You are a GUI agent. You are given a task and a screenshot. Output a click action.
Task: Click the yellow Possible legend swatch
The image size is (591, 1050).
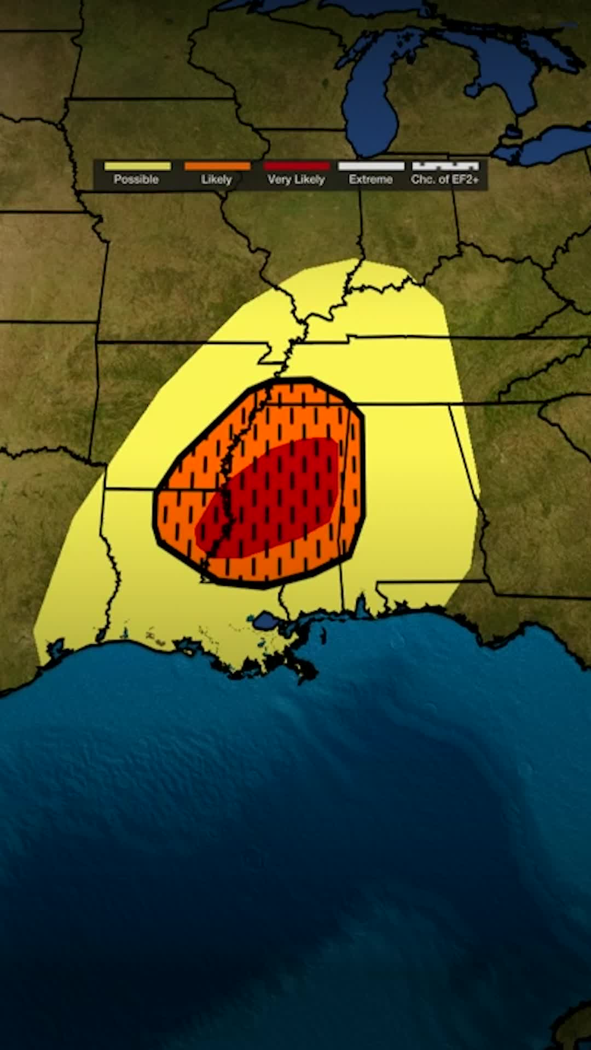click(137, 166)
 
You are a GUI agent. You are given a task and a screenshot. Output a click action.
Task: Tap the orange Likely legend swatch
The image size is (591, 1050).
click(217, 166)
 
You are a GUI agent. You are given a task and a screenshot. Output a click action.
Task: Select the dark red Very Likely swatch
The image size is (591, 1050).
click(297, 166)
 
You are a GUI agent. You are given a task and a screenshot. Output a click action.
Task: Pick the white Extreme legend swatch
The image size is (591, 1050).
click(371, 166)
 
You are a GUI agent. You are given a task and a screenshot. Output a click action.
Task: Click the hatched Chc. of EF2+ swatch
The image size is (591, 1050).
click(445, 166)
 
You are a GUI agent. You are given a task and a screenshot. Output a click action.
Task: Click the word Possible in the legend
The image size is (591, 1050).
click(136, 179)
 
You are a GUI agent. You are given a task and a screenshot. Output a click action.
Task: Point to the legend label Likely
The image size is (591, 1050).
click(216, 179)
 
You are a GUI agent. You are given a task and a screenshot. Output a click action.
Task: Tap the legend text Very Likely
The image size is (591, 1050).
click(296, 179)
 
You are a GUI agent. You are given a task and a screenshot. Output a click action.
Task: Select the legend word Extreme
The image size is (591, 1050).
click(370, 179)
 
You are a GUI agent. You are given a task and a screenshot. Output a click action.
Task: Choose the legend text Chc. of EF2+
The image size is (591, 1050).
click(445, 179)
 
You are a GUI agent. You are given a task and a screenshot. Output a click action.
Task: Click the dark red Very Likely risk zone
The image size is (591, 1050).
click(274, 498)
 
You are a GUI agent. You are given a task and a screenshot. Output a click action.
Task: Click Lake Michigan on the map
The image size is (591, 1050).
click(372, 98)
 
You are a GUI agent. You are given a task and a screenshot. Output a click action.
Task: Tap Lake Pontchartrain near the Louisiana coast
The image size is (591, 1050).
click(266, 621)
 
